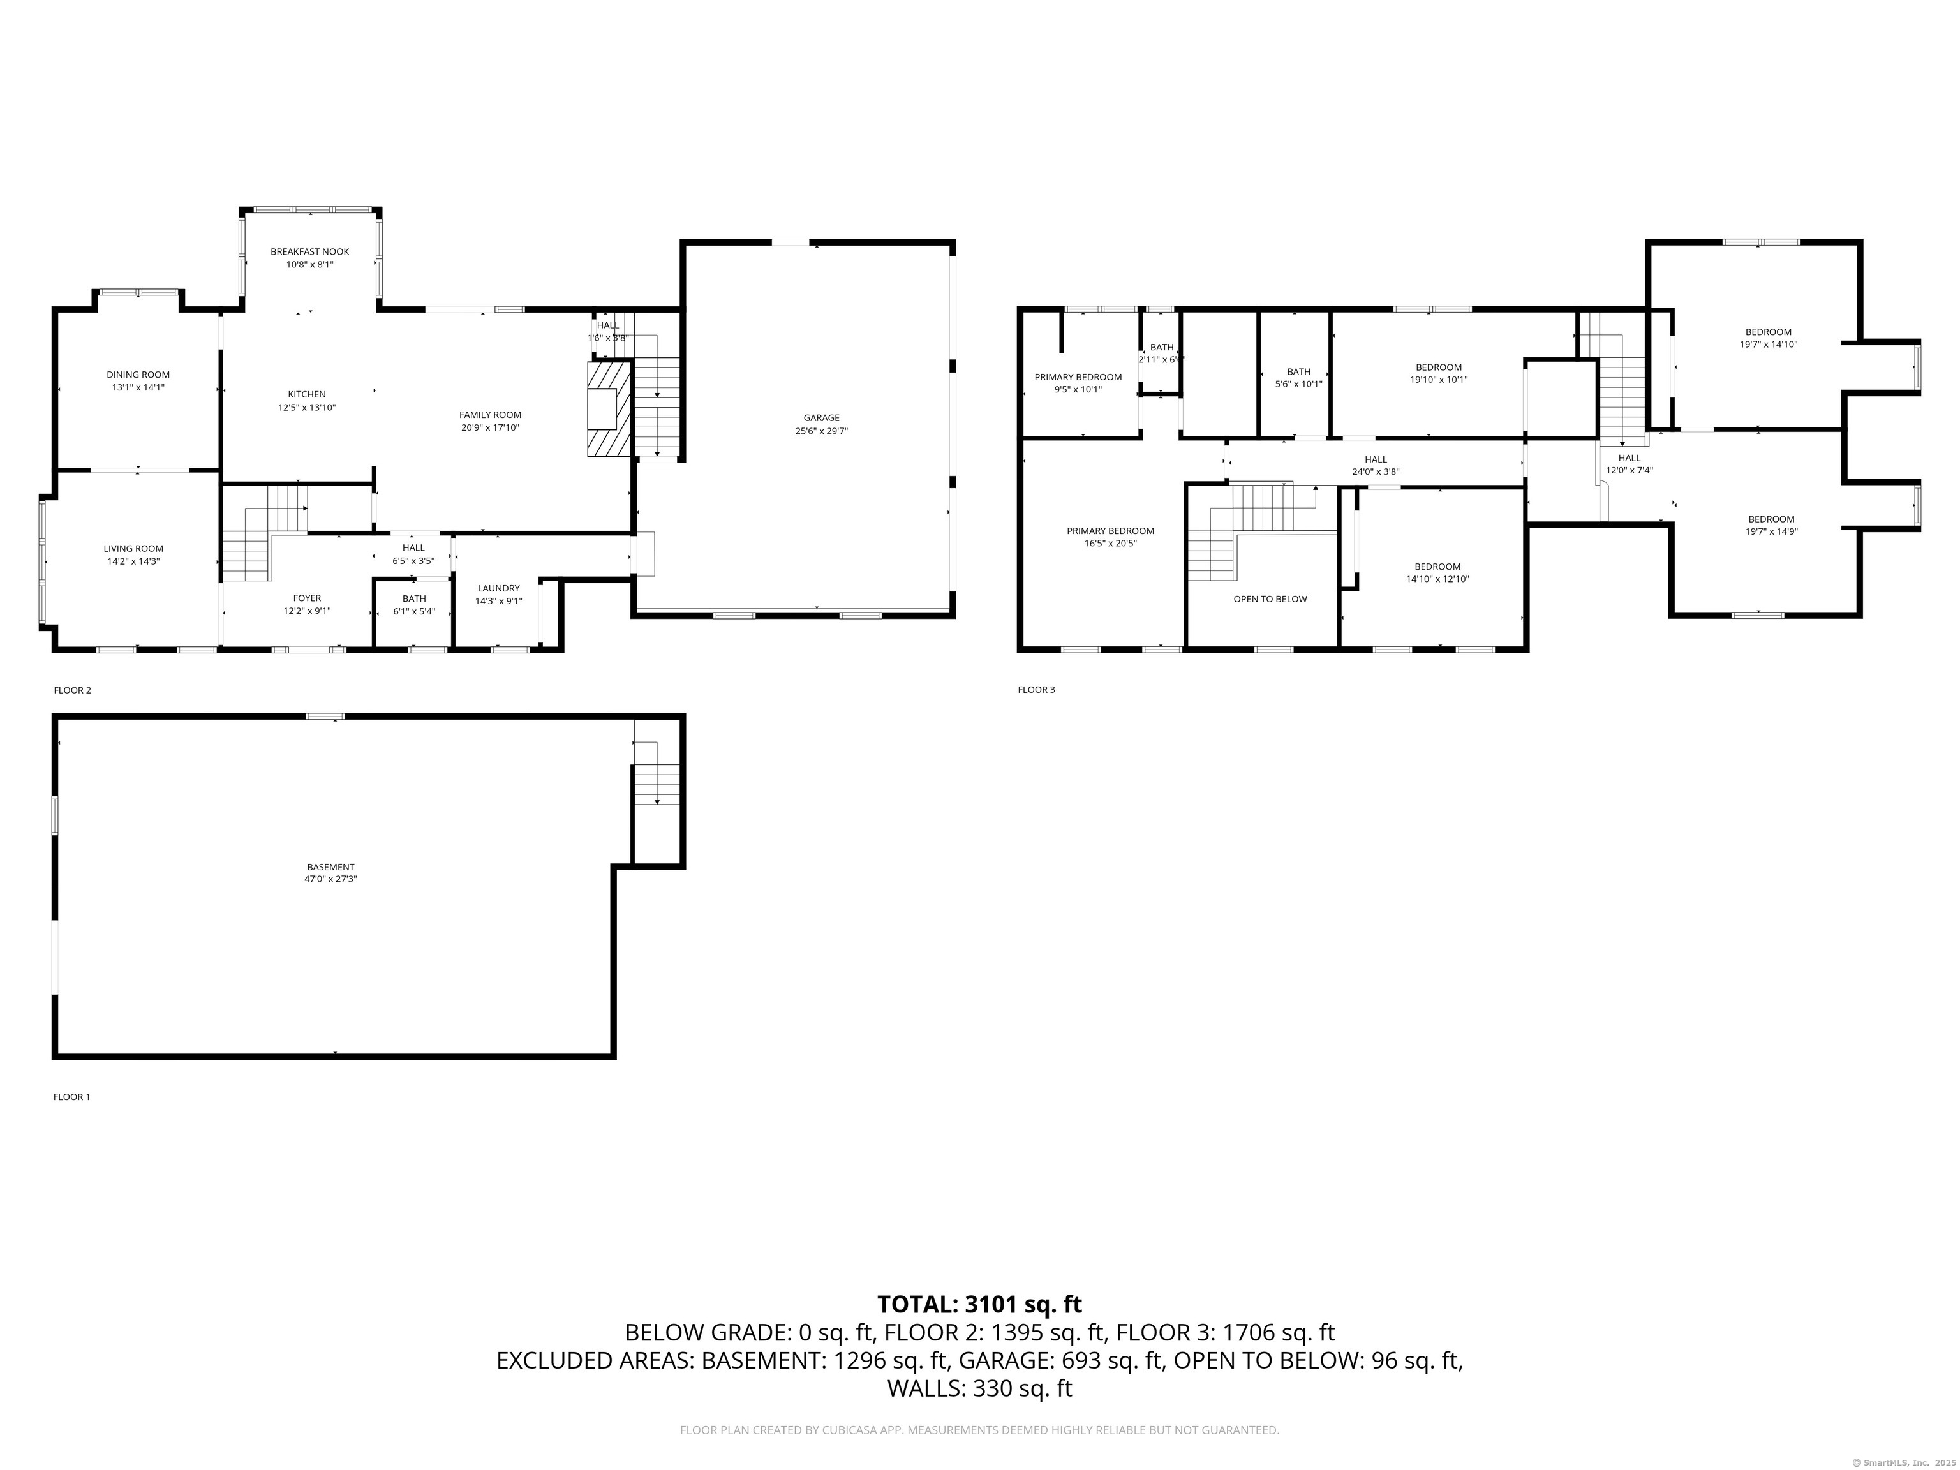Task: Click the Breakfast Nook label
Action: pos(309,251)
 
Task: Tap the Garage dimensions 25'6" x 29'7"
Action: pos(821,431)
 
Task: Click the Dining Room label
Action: pos(138,375)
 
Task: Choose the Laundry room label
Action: pos(498,588)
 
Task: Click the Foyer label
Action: pos(308,598)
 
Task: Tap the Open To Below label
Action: pos(1270,599)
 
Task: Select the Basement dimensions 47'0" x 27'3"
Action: pos(330,879)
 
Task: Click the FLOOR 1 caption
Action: pos(71,1097)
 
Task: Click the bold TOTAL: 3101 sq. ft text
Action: pos(979,1304)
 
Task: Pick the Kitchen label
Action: pos(307,394)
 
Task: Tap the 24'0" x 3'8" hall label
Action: pos(1375,472)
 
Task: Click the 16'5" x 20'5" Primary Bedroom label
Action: pos(1110,531)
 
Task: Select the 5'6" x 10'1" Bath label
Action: pos(1298,372)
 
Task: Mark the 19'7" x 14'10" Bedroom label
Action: pos(1769,332)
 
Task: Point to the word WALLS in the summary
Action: pos(925,1388)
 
